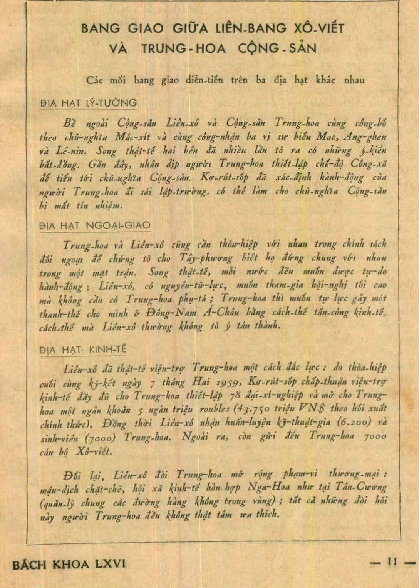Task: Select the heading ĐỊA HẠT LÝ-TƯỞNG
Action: [89, 103]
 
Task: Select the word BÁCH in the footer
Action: [30, 565]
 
